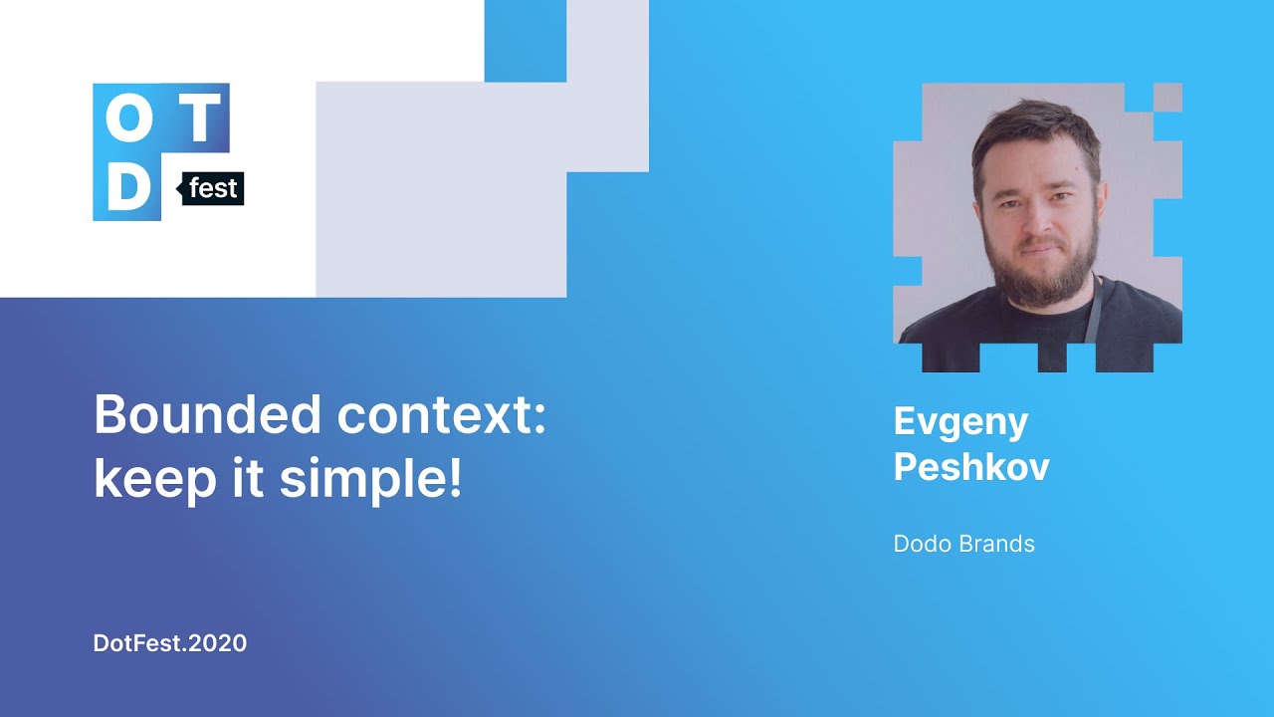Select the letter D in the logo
click(126, 187)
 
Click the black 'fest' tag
click(213, 188)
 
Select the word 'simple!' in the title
click(370, 480)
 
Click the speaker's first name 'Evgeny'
click(960, 422)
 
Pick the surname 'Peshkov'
click(971, 466)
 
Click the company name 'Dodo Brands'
click(963, 544)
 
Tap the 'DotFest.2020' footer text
click(170, 643)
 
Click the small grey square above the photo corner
click(1168, 97)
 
